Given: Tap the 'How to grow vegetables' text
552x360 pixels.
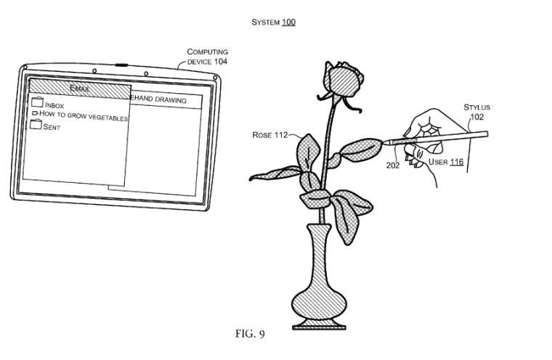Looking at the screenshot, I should [x=83, y=115].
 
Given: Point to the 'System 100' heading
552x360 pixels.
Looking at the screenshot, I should [x=274, y=22].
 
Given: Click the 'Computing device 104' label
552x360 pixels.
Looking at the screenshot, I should [x=207, y=57].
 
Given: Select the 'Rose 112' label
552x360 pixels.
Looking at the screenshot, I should [x=269, y=135].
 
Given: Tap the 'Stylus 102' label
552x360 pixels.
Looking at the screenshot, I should [x=476, y=111].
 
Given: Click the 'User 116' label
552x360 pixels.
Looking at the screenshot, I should [x=445, y=162].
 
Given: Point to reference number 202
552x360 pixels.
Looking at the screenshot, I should [x=394, y=164].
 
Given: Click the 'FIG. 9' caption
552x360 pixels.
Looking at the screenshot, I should [x=251, y=334].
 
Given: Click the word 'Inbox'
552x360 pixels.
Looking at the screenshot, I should [x=54, y=105].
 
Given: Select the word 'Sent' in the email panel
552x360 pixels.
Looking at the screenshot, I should [x=52, y=127].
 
